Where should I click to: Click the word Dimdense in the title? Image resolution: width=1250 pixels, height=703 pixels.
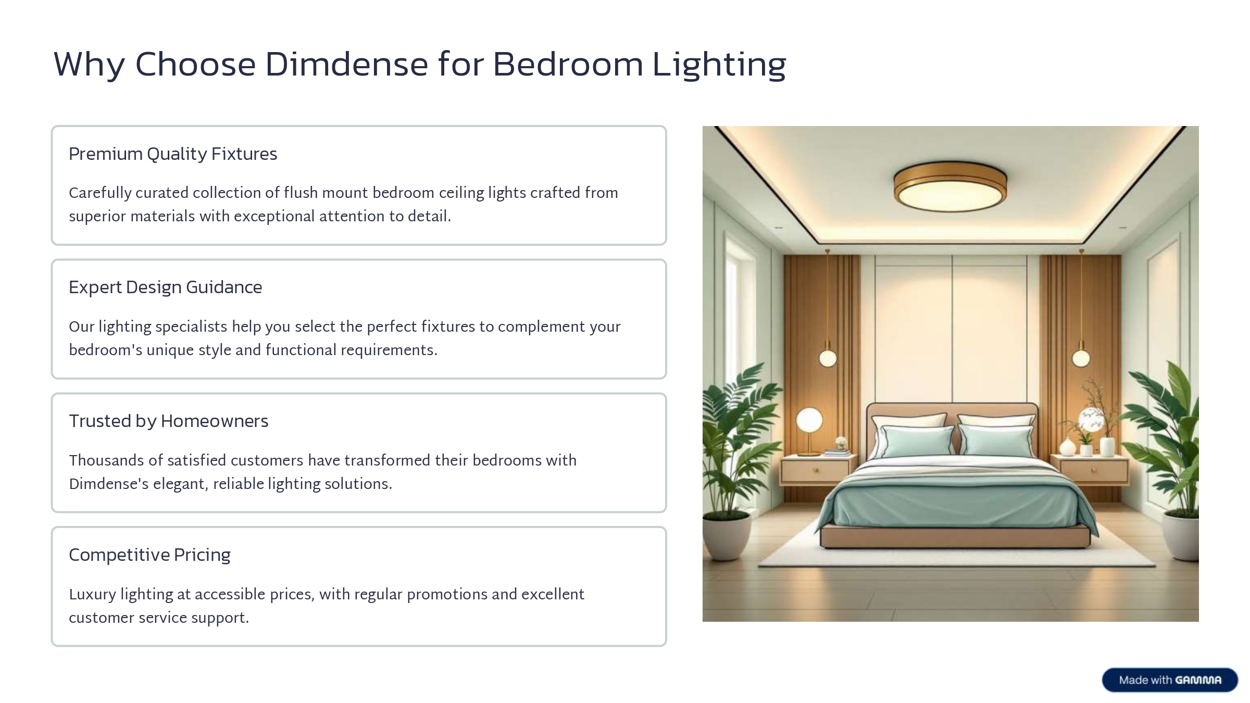coord(346,64)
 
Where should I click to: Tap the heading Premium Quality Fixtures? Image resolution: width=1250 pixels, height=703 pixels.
coord(173,154)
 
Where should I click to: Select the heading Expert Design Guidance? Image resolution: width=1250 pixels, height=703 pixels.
coord(166,287)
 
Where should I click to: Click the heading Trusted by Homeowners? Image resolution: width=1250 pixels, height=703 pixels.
coord(169,421)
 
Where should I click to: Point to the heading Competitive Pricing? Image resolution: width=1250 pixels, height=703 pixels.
coord(149,555)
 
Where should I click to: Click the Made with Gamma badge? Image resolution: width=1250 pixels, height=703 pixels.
coord(1170,680)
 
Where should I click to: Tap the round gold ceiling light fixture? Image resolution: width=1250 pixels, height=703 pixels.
coord(950,186)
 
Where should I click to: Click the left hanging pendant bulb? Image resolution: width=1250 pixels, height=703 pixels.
coord(828,358)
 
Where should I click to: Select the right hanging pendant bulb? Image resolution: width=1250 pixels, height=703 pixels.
coord(1081,358)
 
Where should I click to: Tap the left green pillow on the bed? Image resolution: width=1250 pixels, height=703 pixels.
coord(918,441)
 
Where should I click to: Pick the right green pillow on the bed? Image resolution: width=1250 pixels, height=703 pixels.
coord(996,441)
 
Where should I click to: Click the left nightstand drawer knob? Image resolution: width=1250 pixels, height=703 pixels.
coord(816,470)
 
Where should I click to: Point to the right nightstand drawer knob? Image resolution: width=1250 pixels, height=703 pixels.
coord(1093,470)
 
